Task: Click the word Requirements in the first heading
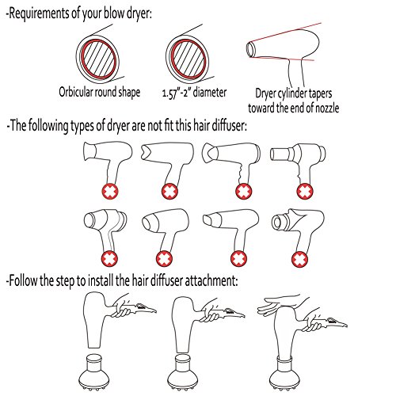[x=39, y=13]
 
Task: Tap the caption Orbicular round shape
[x=99, y=92]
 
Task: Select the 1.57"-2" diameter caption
[x=194, y=93]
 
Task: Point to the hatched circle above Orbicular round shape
[x=98, y=59]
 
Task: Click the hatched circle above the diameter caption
[x=188, y=59]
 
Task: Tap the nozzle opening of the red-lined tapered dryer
[x=250, y=49]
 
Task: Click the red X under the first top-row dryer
[x=110, y=191]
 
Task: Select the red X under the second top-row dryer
[x=169, y=191]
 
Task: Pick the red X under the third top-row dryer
[x=243, y=191]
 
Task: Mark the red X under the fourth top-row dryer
[x=305, y=191]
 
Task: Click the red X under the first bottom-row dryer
[x=109, y=259]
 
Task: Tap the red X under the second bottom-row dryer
[x=164, y=259]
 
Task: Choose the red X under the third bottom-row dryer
[x=239, y=259]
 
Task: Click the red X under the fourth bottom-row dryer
[x=299, y=259]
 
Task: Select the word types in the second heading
[x=82, y=126]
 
